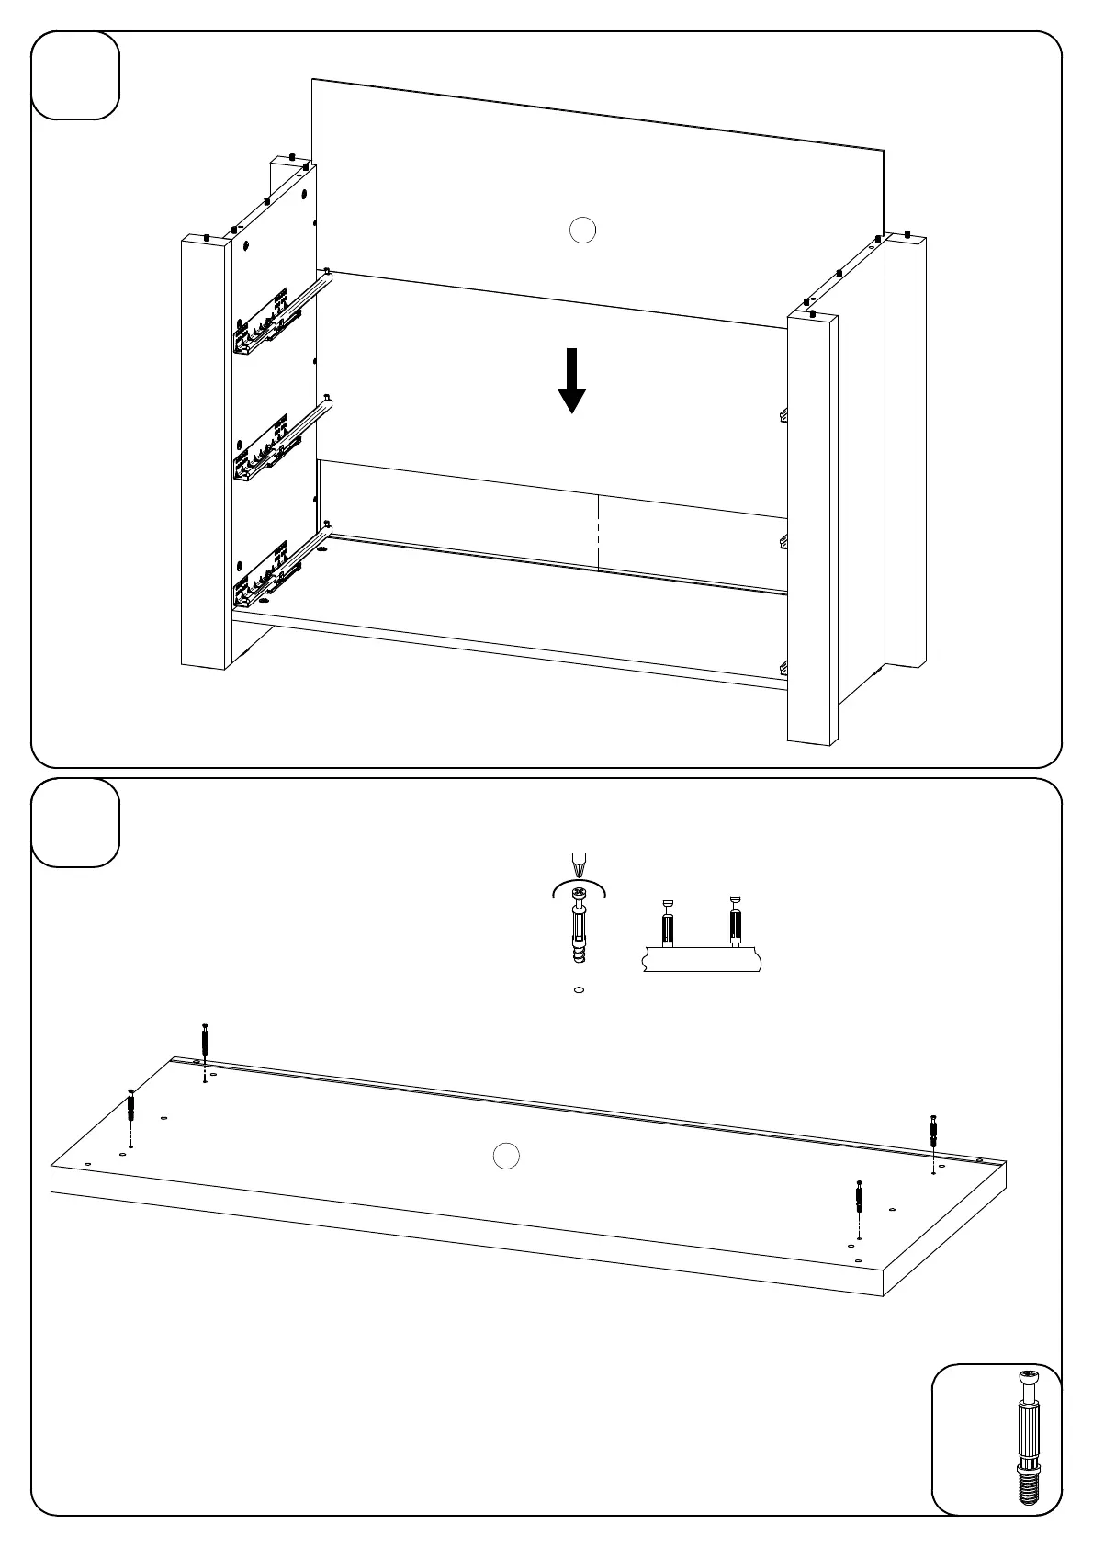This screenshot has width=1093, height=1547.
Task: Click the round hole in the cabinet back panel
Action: coord(582,230)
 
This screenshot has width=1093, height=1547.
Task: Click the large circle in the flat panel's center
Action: coord(506,1157)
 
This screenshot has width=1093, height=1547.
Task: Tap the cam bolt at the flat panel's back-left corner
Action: coord(205,1043)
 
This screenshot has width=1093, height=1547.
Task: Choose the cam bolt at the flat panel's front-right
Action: coord(859,1198)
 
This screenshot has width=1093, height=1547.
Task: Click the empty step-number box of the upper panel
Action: coord(75,75)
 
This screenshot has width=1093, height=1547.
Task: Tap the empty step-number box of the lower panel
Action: coord(75,822)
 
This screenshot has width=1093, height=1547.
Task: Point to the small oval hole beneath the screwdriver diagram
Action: coord(578,990)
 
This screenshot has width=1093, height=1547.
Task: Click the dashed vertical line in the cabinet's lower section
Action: coord(599,534)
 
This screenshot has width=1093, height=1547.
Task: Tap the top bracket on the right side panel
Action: coord(783,415)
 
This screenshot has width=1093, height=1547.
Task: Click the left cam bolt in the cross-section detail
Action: coord(668,922)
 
